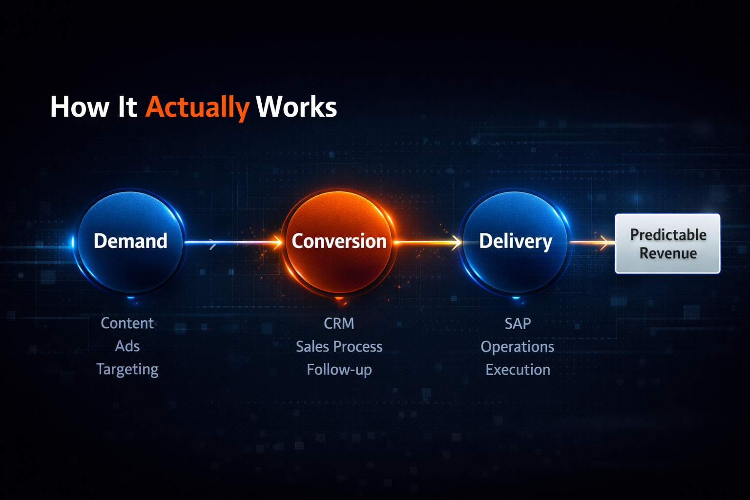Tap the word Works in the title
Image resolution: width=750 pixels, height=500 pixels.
point(296,107)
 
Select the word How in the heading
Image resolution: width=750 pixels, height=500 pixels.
point(80,107)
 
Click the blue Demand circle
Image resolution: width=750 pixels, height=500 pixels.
point(130,242)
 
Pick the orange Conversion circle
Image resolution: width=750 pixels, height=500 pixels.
point(339,242)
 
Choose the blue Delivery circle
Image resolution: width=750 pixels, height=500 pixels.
point(516,242)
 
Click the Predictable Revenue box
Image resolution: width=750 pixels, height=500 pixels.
point(667,244)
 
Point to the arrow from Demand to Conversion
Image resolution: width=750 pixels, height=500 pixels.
point(233,242)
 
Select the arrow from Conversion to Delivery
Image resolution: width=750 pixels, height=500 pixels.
point(428,242)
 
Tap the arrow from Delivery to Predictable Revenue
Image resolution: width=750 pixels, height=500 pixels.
point(592,242)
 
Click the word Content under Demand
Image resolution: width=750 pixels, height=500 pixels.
point(127,323)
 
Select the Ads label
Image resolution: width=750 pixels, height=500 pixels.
point(127,346)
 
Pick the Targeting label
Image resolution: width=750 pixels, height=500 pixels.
point(127,370)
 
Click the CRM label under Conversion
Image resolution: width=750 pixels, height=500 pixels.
point(339,324)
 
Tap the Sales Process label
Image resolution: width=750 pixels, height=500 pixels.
point(339,347)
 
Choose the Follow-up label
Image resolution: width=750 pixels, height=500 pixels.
point(339,370)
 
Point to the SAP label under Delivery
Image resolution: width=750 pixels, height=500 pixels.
point(518,324)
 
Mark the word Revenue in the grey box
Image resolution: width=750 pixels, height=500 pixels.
point(668,253)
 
